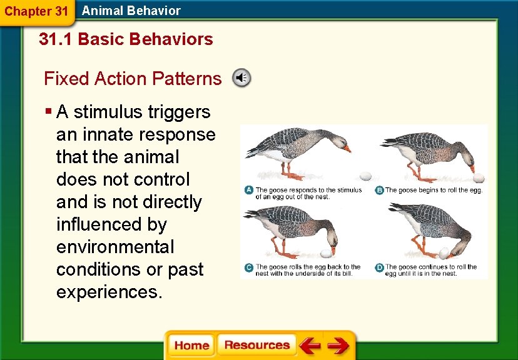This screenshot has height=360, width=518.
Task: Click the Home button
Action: point(191,345)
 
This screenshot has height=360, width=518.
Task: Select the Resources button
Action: point(256,345)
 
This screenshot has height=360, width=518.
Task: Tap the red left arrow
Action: point(310,345)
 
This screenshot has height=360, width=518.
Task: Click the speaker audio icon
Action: point(241,78)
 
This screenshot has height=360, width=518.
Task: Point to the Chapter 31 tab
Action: point(37,12)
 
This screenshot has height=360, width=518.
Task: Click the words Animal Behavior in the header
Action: point(131,11)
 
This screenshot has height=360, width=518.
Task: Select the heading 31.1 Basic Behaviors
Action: point(126,39)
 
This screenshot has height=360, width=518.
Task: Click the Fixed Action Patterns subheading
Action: point(133,79)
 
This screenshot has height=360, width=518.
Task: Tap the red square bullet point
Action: point(49,111)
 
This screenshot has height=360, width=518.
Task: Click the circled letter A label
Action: point(249,190)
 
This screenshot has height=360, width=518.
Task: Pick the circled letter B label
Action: point(379,190)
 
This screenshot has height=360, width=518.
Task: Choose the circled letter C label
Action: point(249,267)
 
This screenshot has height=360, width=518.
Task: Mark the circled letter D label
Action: point(379,267)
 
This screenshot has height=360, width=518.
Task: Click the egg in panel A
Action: point(365,176)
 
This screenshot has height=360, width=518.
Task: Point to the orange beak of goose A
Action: point(347,149)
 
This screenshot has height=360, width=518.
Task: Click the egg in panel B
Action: point(479,178)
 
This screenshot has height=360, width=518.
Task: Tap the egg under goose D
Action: point(444,253)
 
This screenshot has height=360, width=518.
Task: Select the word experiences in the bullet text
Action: point(109,292)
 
